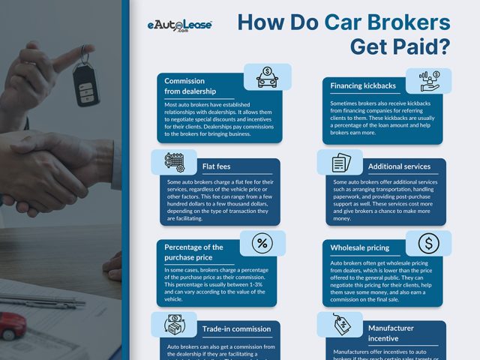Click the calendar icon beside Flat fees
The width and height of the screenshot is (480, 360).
point(173,161)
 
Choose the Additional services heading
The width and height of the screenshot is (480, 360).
point(399,166)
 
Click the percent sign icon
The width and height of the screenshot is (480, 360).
point(262,243)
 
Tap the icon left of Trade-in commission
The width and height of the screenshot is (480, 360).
point(173,325)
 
